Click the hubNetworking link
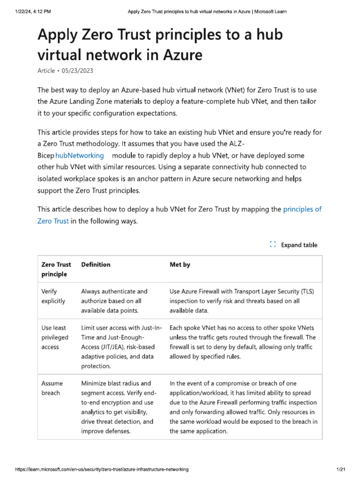point(79,155)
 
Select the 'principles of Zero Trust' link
point(302,210)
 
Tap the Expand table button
point(299,245)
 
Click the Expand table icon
point(273,245)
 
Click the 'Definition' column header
point(96,265)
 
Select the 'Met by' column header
point(180,265)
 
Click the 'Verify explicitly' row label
point(53,296)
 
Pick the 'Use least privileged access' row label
point(55,337)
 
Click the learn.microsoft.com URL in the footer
point(95,469)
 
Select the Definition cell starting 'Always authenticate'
point(114,301)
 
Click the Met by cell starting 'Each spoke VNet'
point(242,342)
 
